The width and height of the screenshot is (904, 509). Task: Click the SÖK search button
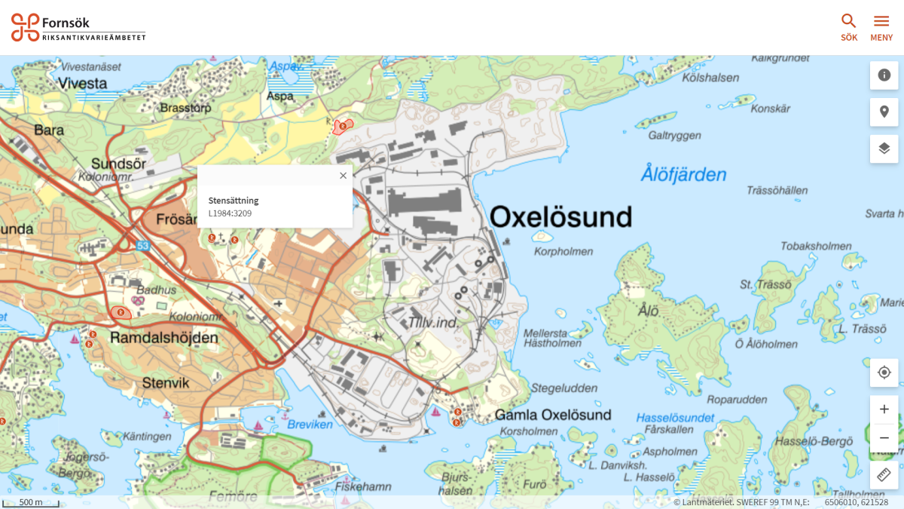click(x=849, y=27)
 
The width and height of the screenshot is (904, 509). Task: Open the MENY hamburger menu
click(x=881, y=27)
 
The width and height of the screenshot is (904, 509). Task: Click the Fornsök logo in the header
click(x=78, y=27)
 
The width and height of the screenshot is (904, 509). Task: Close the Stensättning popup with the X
click(x=343, y=176)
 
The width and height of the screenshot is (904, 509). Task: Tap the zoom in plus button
click(x=884, y=409)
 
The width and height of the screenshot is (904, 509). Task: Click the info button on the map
click(x=884, y=75)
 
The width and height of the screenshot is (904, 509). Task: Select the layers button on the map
click(x=884, y=149)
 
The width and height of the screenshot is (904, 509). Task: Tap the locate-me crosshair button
click(x=884, y=373)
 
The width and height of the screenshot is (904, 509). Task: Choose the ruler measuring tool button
click(x=884, y=475)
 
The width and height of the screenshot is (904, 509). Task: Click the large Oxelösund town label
click(x=560, y=217)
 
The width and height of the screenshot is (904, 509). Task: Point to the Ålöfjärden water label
click(x=683, y=175)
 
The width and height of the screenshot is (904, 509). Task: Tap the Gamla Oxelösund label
click(x=553, y=415)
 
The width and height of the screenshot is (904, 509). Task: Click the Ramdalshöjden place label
click(x=163, y=338)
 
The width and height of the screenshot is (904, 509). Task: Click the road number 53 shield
click(x=143, y=246)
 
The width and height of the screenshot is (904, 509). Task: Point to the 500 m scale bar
click(x=31, y=502)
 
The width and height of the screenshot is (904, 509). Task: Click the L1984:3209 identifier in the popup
click(x=230, y=213)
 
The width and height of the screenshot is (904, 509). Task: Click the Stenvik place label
click(x=166, y=383)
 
